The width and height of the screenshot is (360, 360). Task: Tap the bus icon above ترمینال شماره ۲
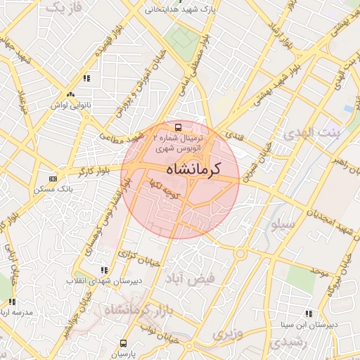tap(179, 127)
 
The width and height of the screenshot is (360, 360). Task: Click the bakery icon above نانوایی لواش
tap(70, 95)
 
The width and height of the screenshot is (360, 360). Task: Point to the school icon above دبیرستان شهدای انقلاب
tap(105, 270)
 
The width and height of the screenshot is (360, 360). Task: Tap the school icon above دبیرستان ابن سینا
tap(308, 314)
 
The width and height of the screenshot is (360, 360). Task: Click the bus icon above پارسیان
tap(124, 344)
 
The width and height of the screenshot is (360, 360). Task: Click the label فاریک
tap(63, 8)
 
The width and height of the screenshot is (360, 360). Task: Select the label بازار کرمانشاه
tap(133, 309)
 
